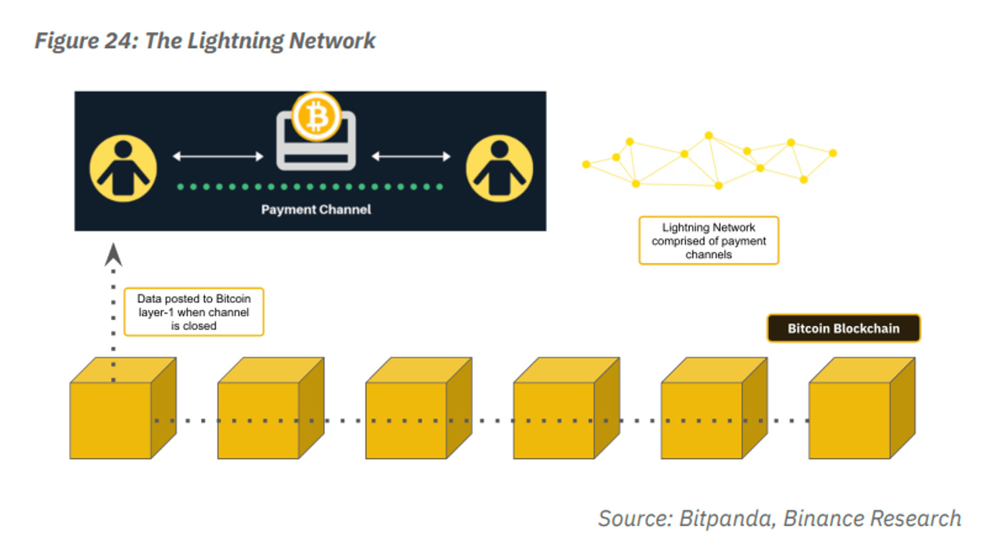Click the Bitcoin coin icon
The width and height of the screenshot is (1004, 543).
point(316,117)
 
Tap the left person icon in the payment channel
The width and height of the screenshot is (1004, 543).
point(123,168)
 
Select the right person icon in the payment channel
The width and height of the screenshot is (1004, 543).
point(499,168)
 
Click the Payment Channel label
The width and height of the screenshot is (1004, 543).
point(316,209)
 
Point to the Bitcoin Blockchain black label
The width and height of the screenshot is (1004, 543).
point(843,328)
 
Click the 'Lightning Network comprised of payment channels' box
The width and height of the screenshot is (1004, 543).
point(708,241)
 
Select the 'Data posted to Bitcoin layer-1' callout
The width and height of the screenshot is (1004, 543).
point(194,312)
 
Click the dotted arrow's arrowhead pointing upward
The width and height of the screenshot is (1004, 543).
point(113,255)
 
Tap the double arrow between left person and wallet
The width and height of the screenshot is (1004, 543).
point(218,156)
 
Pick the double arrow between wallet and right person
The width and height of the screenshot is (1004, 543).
point(411,156)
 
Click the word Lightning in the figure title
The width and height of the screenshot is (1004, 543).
point(235,41)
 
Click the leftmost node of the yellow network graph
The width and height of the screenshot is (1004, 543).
point(586,164)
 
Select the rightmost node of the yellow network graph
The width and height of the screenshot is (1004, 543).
point(833,153)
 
